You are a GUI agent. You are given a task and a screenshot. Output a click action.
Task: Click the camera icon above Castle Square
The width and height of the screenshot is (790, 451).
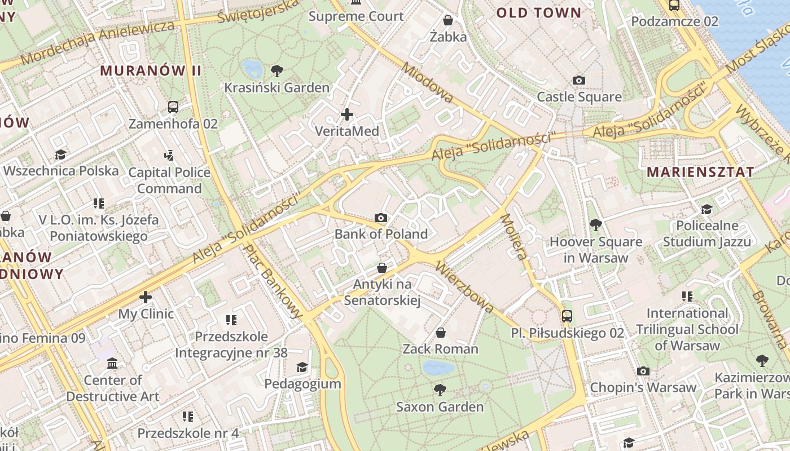point(578,81)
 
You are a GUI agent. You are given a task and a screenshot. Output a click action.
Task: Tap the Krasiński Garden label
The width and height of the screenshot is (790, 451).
point(276,87)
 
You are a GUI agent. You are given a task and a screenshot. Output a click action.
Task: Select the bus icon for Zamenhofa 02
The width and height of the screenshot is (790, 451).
point(173,107)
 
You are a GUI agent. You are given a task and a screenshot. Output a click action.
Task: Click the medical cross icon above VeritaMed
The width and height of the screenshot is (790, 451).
point(347,114)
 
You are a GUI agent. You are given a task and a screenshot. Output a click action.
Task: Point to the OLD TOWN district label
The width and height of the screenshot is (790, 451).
point(538,12)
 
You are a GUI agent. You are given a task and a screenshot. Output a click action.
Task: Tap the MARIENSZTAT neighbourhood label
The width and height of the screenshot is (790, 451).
point(700,172)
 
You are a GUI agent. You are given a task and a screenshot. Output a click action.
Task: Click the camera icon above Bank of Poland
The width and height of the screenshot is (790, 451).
point(381,218)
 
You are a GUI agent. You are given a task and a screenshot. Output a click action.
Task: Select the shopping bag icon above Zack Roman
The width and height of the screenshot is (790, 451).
point(441,333)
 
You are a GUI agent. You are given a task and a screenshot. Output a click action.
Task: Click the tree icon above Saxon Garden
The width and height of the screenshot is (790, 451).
point(440,390)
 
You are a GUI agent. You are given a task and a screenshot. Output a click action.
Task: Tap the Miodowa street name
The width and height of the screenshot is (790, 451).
point(427,82)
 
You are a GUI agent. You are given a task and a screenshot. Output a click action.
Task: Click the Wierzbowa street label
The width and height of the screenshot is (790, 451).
point(466,287)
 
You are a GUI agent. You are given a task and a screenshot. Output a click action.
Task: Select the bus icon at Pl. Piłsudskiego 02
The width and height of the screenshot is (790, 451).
point(567,316)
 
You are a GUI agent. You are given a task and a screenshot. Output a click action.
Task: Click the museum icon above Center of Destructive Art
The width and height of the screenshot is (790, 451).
point(112,364)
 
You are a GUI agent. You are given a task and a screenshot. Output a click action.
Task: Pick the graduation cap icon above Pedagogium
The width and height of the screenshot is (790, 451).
point(302,368)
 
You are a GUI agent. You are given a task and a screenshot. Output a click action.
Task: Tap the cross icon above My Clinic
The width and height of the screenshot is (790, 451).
point(146,297)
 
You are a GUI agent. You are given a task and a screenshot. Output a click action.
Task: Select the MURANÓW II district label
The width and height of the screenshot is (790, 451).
point(151,70)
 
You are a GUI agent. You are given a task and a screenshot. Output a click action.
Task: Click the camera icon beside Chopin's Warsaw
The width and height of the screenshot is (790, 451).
point(643,371)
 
